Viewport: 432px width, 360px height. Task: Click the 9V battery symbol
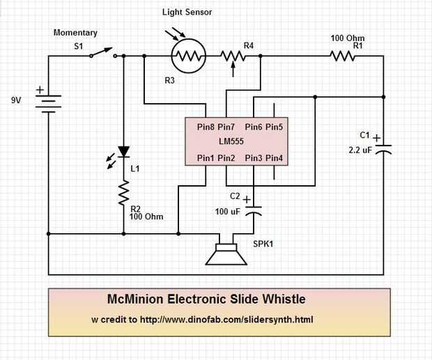(47, 102)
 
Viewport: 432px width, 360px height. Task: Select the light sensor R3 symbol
(187, 56)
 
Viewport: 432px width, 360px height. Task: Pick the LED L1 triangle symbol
(123, 151)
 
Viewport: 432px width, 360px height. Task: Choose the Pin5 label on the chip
(274, 127)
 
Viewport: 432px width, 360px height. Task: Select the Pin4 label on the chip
(274, 157)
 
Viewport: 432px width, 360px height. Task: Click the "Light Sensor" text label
(187, 13)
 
